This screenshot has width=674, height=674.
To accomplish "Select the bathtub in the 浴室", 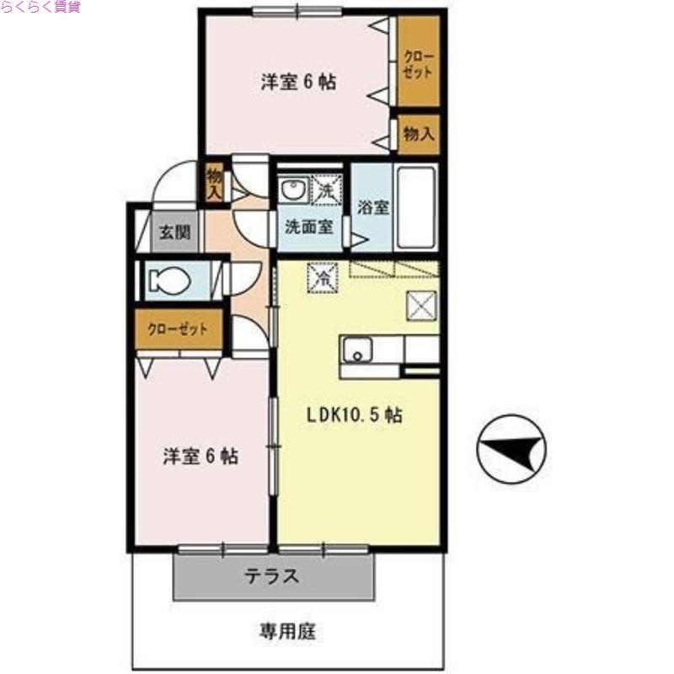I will (415, 206).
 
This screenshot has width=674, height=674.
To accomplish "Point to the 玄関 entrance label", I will (175, 233).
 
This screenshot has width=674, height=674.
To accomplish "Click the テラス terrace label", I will (272, 577).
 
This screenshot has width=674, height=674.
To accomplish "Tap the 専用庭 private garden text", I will (287, 630).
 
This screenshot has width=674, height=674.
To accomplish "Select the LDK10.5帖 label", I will (353, 415).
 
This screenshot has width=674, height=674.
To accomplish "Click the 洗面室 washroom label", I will (308, 227).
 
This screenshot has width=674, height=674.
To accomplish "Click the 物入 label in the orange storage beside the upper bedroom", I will (419, 134).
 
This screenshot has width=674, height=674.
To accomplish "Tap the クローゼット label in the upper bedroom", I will (418, 64).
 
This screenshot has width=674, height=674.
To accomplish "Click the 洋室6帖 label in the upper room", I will (299, 83).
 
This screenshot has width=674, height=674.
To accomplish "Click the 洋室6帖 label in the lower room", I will (200, 457).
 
